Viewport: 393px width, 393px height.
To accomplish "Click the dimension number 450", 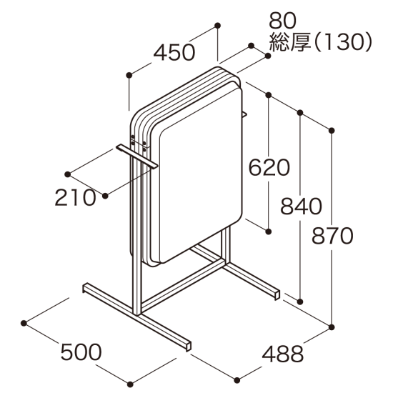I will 174,52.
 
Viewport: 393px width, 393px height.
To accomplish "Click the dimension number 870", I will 333,235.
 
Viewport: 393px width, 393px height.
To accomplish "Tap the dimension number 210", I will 75,198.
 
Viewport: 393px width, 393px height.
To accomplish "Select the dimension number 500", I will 81,352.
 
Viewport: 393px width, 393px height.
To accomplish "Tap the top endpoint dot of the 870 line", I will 332,130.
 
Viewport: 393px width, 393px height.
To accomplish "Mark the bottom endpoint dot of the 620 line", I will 269,232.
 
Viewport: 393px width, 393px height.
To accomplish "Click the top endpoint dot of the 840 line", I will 301,112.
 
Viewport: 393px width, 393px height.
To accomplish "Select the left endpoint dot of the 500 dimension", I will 25,323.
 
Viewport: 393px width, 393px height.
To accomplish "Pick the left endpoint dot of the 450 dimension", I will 129,74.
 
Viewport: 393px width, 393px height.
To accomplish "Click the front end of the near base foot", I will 187,346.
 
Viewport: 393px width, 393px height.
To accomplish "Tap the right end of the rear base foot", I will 275,293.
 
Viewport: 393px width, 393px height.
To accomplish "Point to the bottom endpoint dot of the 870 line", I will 332,326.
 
